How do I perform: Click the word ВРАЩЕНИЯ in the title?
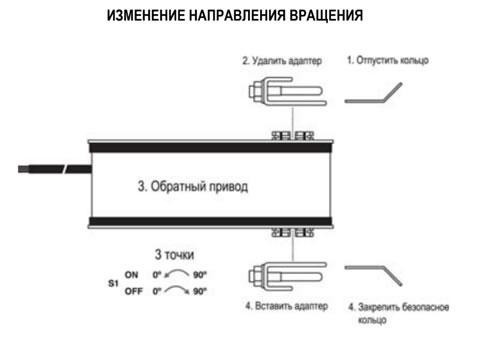[326, 15]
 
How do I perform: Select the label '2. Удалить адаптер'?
[282, 61]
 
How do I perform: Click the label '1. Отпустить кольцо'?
[388, 60]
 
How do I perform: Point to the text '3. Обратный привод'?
[193, 186]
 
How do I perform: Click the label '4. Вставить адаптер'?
[286, 306]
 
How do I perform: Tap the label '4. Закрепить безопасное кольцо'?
[399, 313]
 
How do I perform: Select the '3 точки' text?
[174, 255]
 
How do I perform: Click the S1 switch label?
[113, 283]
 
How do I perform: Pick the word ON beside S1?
[131, 275]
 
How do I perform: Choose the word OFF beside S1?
[134, 291]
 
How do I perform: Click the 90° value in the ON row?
[200, 275]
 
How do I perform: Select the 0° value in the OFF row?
[157, 291]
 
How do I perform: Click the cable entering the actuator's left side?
[55, 169]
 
